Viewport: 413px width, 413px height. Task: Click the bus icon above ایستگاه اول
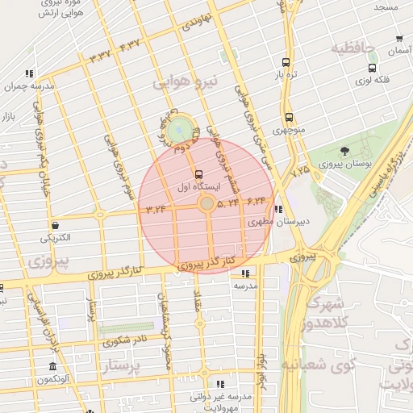199,174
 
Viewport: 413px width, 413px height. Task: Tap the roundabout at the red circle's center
206,205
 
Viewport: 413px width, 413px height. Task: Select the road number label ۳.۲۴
156,210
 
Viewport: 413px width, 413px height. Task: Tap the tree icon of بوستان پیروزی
345,151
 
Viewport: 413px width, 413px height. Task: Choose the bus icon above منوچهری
289,117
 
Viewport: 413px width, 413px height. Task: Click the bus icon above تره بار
285,62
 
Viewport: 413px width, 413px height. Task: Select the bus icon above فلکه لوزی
372,69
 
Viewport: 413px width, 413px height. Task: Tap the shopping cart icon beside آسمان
399,39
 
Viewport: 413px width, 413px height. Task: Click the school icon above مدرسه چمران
30,74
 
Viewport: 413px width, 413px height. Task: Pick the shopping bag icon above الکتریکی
55,225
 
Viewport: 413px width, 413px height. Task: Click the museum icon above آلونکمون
52,367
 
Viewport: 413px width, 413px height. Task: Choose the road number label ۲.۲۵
300,170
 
